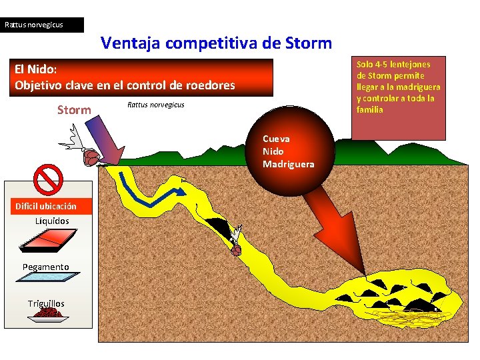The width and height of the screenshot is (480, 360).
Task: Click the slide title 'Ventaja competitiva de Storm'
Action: click(216, 44)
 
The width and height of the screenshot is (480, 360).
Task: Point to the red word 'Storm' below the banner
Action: click(74, 110)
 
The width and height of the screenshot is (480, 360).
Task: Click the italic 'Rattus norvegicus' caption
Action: click(155, 105)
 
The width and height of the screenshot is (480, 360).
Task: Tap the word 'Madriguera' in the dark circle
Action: click(288, 164)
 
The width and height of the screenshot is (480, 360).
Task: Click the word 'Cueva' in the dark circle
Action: click(276, 139)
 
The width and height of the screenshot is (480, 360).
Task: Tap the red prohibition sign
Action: click(48, 179)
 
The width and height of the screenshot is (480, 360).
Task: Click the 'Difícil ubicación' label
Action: click(46, 207)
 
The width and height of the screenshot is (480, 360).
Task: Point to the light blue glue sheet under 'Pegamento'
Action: click(46, 284)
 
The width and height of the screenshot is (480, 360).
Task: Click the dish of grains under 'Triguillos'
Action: click(48, 315)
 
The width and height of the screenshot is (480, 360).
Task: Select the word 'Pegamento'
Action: click(46, 267)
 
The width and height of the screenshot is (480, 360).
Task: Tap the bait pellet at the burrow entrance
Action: click(90, 157)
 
